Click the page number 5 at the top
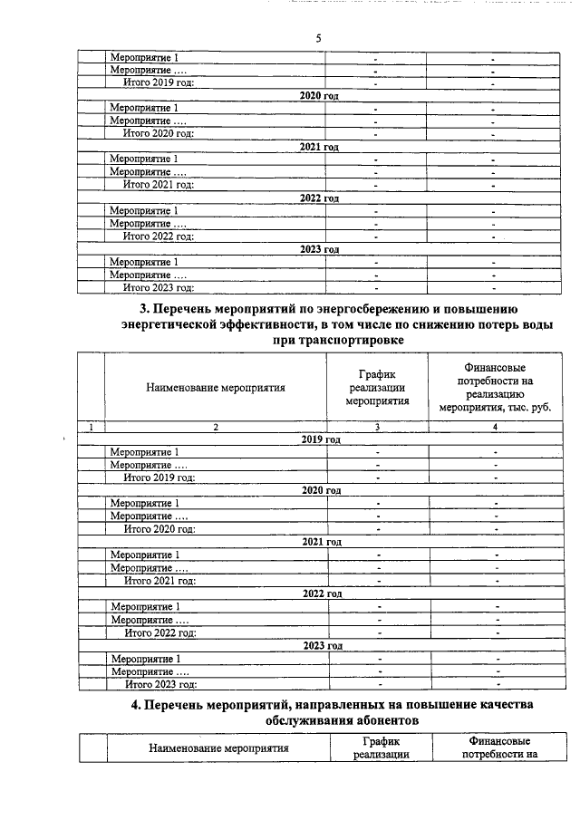319,38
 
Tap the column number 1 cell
92,427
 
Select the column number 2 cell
216,427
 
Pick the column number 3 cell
377,427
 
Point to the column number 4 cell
495,427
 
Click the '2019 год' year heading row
321,439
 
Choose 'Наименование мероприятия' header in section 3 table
216,388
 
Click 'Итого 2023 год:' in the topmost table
159,288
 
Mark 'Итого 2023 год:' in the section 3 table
159,684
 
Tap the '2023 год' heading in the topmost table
319,249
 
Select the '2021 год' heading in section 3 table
321,542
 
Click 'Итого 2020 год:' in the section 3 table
159,528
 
